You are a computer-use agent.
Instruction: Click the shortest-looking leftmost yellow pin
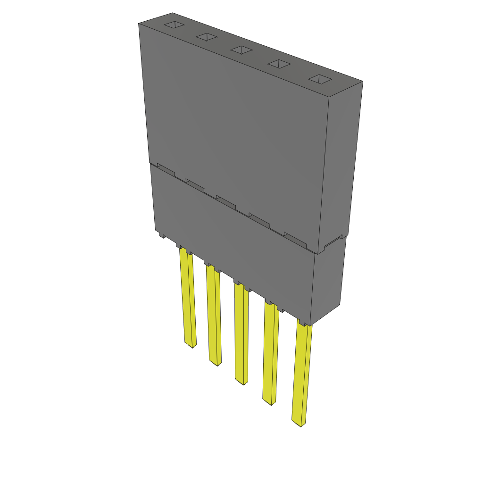coord(188,297)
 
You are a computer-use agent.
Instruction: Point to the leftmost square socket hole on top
coord(173,25)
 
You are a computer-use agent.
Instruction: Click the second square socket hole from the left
coord(206,37)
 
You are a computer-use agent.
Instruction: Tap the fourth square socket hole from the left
coord(278,64)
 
